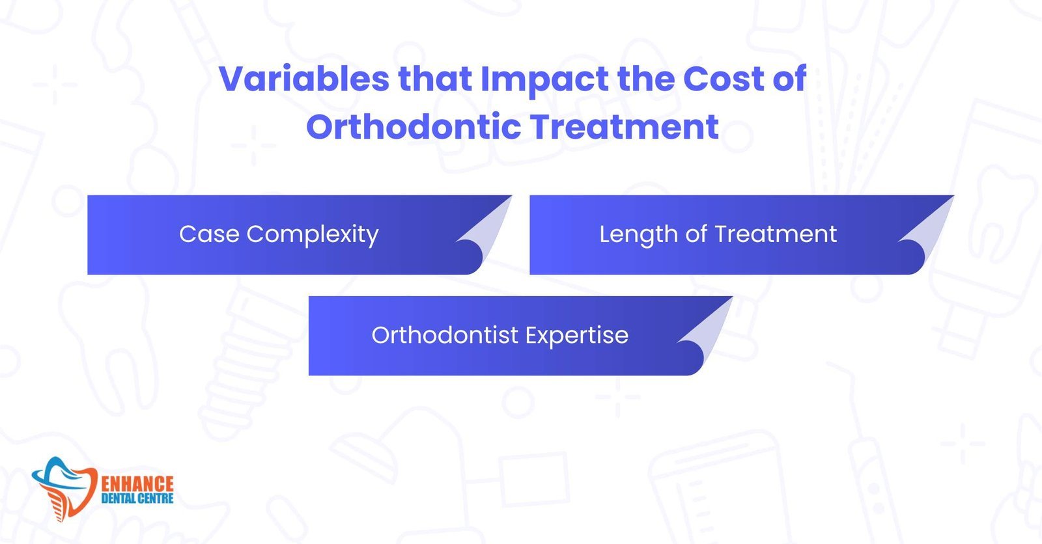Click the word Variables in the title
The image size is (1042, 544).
[303, 78]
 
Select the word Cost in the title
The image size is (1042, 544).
[724, 78]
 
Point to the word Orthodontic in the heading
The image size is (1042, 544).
[414, 126]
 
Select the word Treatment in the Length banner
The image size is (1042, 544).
[776, 234]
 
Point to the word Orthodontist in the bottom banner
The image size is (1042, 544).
[445, 334]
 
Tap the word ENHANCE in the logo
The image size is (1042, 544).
[137, 483]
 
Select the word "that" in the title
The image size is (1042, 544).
[435, 78]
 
